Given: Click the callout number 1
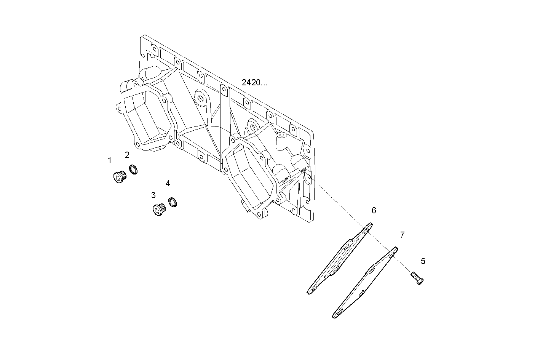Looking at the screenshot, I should [110, 160].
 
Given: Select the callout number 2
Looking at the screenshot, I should [127, 155].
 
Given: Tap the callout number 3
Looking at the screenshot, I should [153, 195].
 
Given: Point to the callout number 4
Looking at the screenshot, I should [168, 184].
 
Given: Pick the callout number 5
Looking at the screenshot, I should [423, 261].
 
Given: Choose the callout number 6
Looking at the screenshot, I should [374, 210].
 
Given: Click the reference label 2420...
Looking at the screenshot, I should [254, 83].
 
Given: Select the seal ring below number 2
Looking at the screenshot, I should [133, 170].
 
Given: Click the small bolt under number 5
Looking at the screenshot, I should [417, 278].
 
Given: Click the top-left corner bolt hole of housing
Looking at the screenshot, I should [154, 49].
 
